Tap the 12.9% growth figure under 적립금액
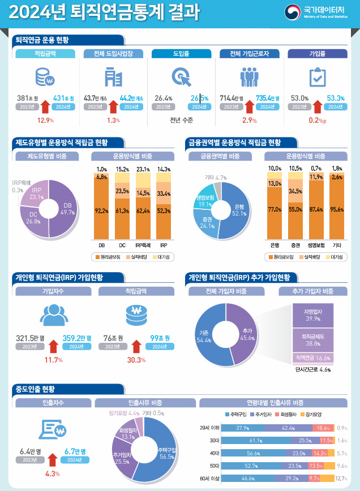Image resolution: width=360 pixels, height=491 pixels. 45,120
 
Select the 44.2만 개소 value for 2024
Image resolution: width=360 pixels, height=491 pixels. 131,98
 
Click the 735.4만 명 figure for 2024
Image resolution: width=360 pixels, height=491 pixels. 268,98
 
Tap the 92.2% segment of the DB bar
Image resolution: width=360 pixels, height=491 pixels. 102,210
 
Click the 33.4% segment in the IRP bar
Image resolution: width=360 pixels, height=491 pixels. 164,193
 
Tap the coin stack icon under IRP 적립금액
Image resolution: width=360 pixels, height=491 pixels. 136,313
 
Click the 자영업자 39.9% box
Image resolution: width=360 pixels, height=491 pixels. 311,315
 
